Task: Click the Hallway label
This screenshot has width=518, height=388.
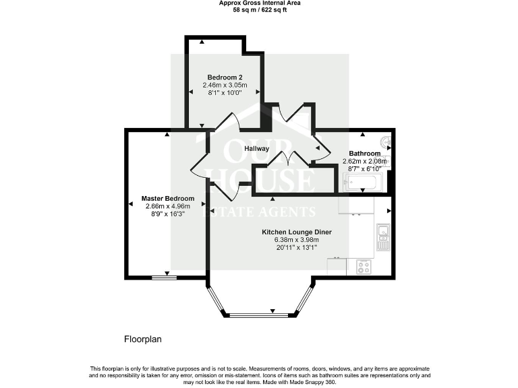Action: tap(257, 148)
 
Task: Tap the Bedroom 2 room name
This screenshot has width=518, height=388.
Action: tap(225, 77)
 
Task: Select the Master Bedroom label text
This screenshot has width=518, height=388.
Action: tap(167, 199)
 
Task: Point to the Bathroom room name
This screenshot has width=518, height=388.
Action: tap(364, 154)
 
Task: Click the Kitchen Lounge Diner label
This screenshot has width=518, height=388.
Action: tap(297, 232)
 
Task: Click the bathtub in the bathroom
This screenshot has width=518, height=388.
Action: tap(363, 182)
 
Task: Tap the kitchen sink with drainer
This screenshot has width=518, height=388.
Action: tap(383, 236)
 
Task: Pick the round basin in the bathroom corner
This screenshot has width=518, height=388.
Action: tap(386, 142)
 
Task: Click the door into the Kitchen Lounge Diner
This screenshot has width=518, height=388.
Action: tap(226, 191)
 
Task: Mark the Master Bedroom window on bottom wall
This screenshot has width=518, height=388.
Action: tap(161, 277)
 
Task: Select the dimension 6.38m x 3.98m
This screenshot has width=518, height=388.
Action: tap(297, 240)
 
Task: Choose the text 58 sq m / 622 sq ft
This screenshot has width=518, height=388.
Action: tap(259, 10)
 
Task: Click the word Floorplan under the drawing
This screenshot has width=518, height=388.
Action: tap(142, 339)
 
